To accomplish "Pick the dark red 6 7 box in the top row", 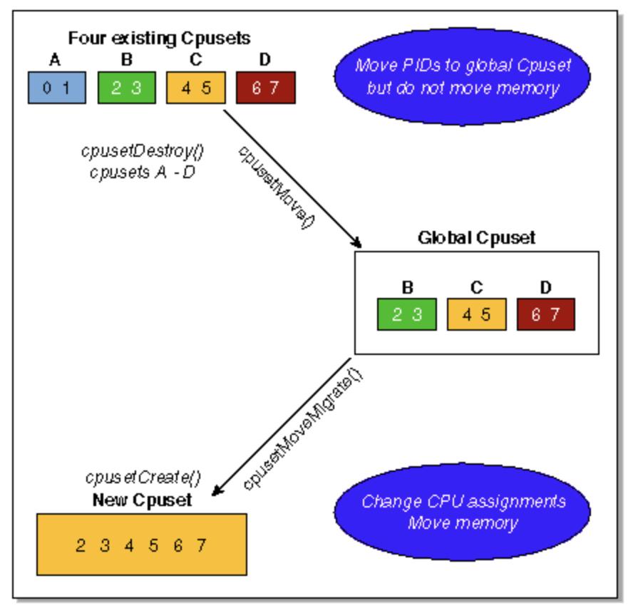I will (265, 88).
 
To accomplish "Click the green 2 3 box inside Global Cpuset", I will (406, 314).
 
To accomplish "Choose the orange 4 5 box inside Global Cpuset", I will (476, 314).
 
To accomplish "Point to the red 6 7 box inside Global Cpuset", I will (545, 314).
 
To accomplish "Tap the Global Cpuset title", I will (475, 237).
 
